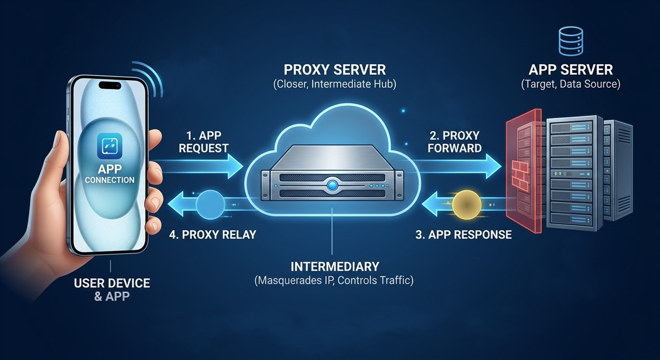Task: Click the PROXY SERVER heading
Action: click(x=335, y=70)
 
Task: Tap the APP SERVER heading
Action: click(x=570, y=70)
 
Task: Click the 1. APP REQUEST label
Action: click(x=203, y=142)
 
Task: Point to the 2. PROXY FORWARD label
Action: click(x=455, y=142)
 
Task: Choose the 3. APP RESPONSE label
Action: click(x=463, y=234)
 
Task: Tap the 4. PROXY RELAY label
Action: click(x=212, y=234)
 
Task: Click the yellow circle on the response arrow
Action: click(x=467, y=204)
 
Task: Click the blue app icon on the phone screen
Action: click(x=109, y=145)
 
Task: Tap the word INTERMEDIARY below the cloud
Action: click(x=334, y=267)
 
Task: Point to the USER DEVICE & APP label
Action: click(x=112, y=290)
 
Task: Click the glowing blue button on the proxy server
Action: click(x=333, y=185)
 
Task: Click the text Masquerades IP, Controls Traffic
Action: click(x=334, y=281)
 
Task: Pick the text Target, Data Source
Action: click(x=570, y=84)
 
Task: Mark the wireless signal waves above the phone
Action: click(x=150, y=80)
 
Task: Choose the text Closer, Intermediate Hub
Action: click(x=335, y=85)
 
